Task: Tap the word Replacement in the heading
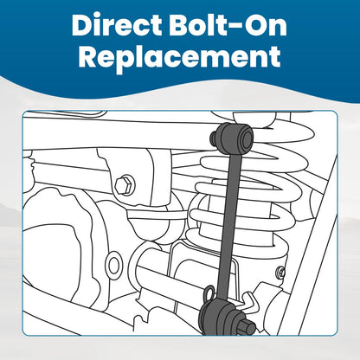(179, 57)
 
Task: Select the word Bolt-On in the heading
(228, 24)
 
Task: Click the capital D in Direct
(83, 24)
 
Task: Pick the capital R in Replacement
(89, 55)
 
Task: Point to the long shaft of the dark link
(230, 227)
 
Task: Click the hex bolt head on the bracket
(125, 184)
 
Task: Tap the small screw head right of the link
(281, 272)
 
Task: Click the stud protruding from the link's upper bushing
(215, 137)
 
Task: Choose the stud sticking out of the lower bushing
(247, 325)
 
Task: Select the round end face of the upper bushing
(247, 138)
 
